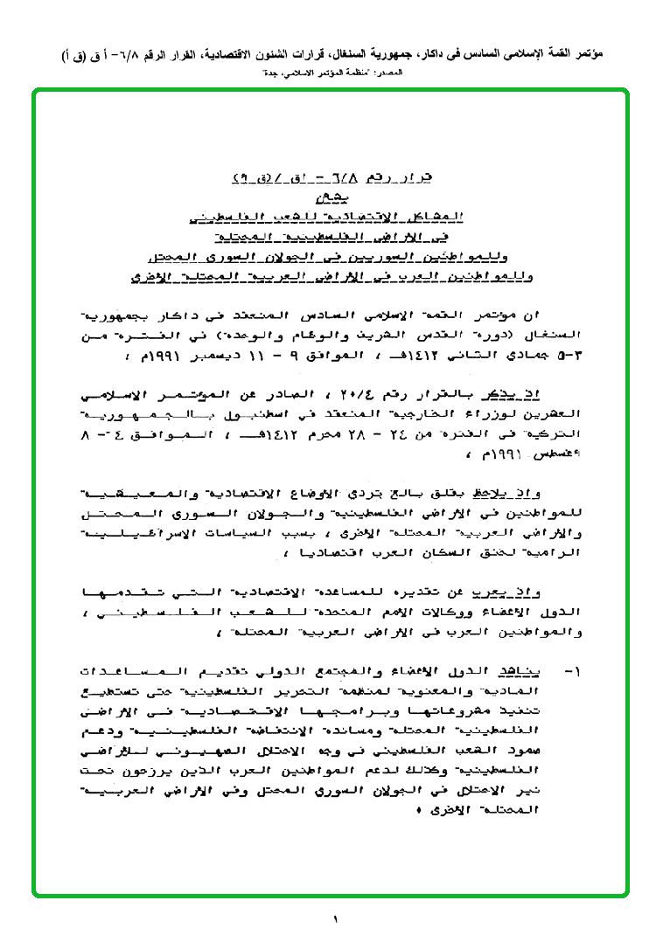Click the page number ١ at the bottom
tap(334, 918)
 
